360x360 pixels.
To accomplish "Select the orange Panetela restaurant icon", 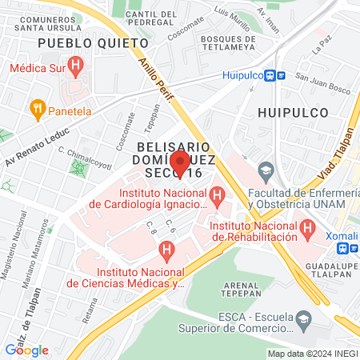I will (36, 107).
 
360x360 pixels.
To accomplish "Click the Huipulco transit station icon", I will (277, 75).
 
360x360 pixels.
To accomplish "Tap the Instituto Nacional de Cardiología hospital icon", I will (216, 194).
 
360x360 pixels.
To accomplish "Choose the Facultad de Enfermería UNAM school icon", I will (265, 169).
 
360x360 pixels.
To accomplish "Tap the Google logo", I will (26, 350).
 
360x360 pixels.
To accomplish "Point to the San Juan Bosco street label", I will (323, 78).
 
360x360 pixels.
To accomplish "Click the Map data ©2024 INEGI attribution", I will (311, 354).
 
